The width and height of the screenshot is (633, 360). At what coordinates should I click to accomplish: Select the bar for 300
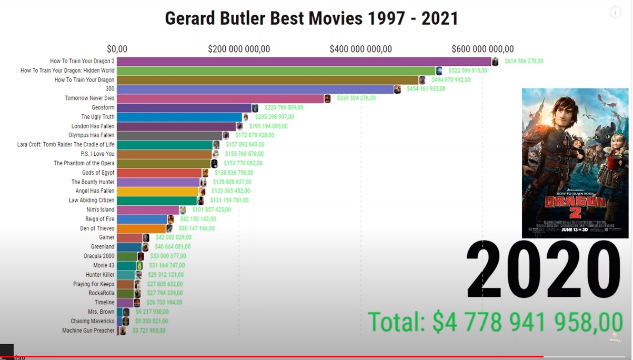255,89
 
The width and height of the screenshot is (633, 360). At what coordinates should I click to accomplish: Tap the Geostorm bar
184,108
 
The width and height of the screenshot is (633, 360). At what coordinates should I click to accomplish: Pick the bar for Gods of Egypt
159,173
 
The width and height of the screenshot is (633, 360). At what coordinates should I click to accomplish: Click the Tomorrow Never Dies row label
89,98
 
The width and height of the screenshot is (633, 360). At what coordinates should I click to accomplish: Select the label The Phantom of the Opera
84,163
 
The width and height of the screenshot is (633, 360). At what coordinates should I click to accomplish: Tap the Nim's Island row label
100,209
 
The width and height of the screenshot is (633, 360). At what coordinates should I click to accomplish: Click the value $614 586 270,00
524,62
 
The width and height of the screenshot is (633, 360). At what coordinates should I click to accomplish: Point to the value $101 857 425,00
211,209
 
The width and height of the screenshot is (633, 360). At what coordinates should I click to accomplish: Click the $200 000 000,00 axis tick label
239,49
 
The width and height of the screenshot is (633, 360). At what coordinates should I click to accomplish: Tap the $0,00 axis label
117,49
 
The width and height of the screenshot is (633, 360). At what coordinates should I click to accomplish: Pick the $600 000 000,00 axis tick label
483,49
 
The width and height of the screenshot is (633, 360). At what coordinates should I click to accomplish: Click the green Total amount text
495,322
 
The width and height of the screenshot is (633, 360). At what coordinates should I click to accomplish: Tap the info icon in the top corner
615,12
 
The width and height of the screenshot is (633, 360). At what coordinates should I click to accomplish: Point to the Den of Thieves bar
141,228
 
